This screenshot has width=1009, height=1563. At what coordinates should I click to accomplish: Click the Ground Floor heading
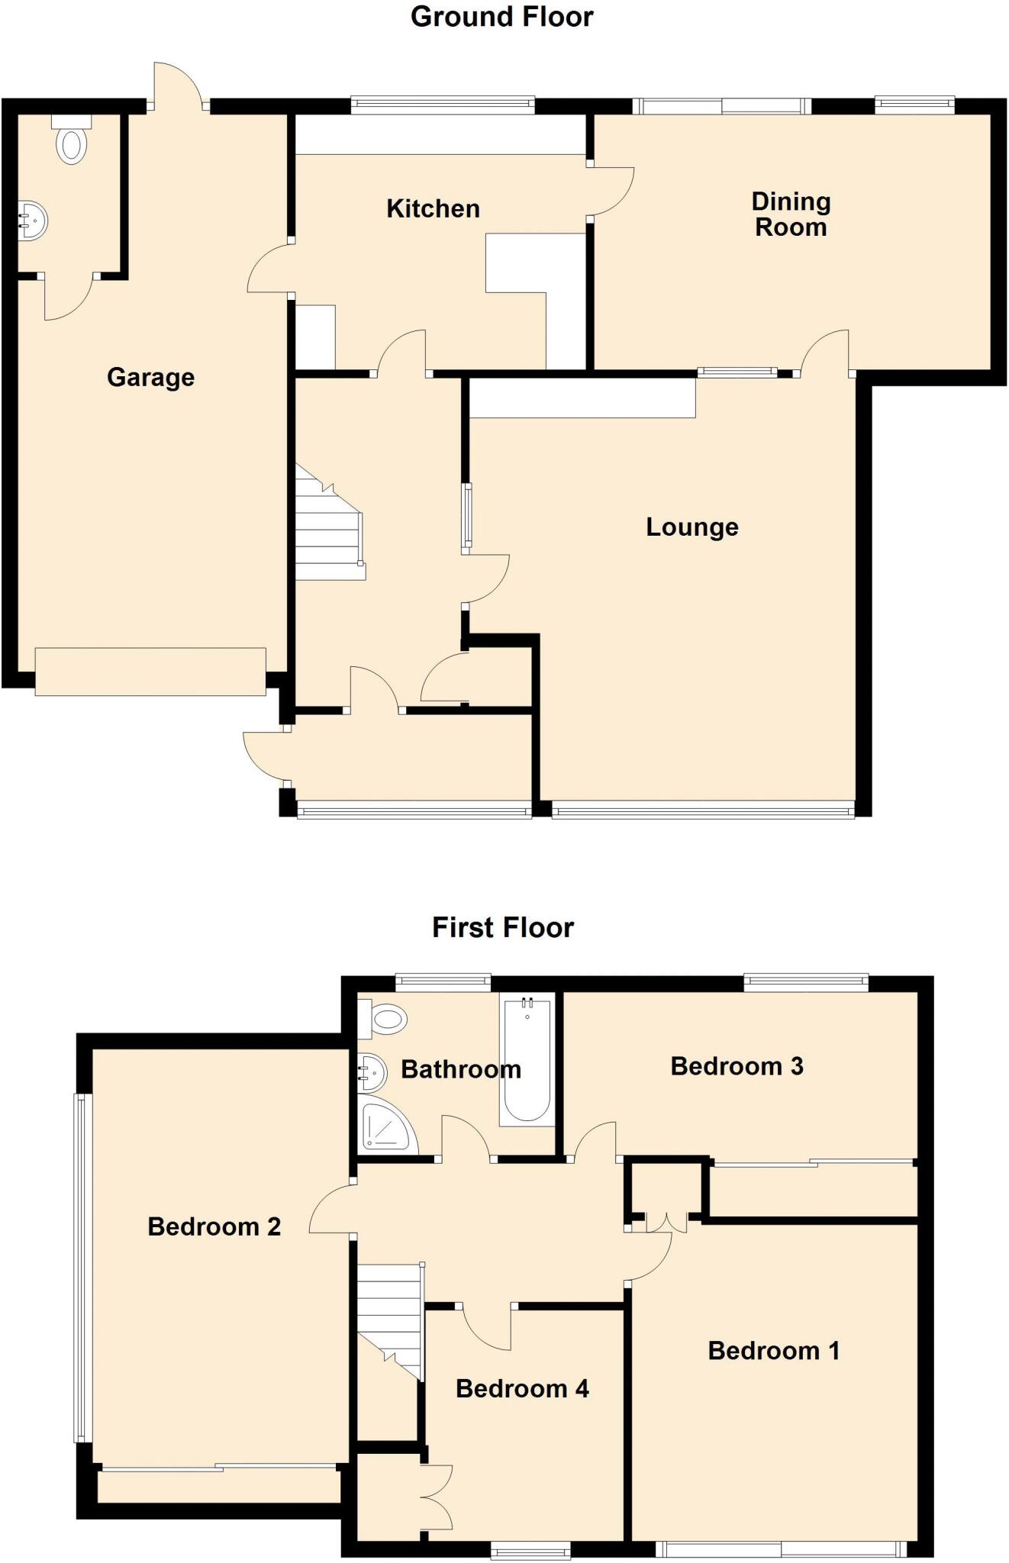(x=501, y=17)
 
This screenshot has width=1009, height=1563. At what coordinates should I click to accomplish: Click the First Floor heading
(x=502, y=927)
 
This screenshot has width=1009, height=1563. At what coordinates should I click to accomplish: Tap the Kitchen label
(x=433, y=208)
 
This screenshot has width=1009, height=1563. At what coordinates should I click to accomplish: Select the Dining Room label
(x=791, y=214)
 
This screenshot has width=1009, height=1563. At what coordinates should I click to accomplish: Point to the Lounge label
(x=691, y=527)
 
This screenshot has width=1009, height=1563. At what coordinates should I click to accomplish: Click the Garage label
(x=150, y=377)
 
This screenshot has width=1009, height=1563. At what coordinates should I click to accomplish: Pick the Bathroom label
(x=460, y=1069)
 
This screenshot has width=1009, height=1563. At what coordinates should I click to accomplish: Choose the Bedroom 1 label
(x=773, y=1351)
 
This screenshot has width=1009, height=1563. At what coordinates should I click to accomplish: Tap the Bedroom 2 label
(x=214, y=1226)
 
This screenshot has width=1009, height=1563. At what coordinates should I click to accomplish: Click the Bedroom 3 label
(x=737, y=1066)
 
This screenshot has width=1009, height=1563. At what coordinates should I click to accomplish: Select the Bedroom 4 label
(x=522, y=1388)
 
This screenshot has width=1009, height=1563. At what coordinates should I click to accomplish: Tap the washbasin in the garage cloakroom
(x=33, y=221)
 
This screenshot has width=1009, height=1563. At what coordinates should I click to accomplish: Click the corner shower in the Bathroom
(x=388, y=1128)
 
